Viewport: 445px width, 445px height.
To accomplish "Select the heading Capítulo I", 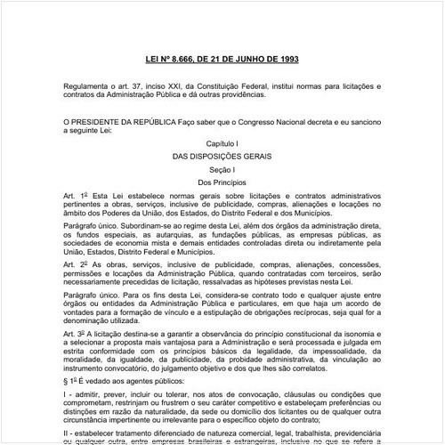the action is click(x=222, y=142).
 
